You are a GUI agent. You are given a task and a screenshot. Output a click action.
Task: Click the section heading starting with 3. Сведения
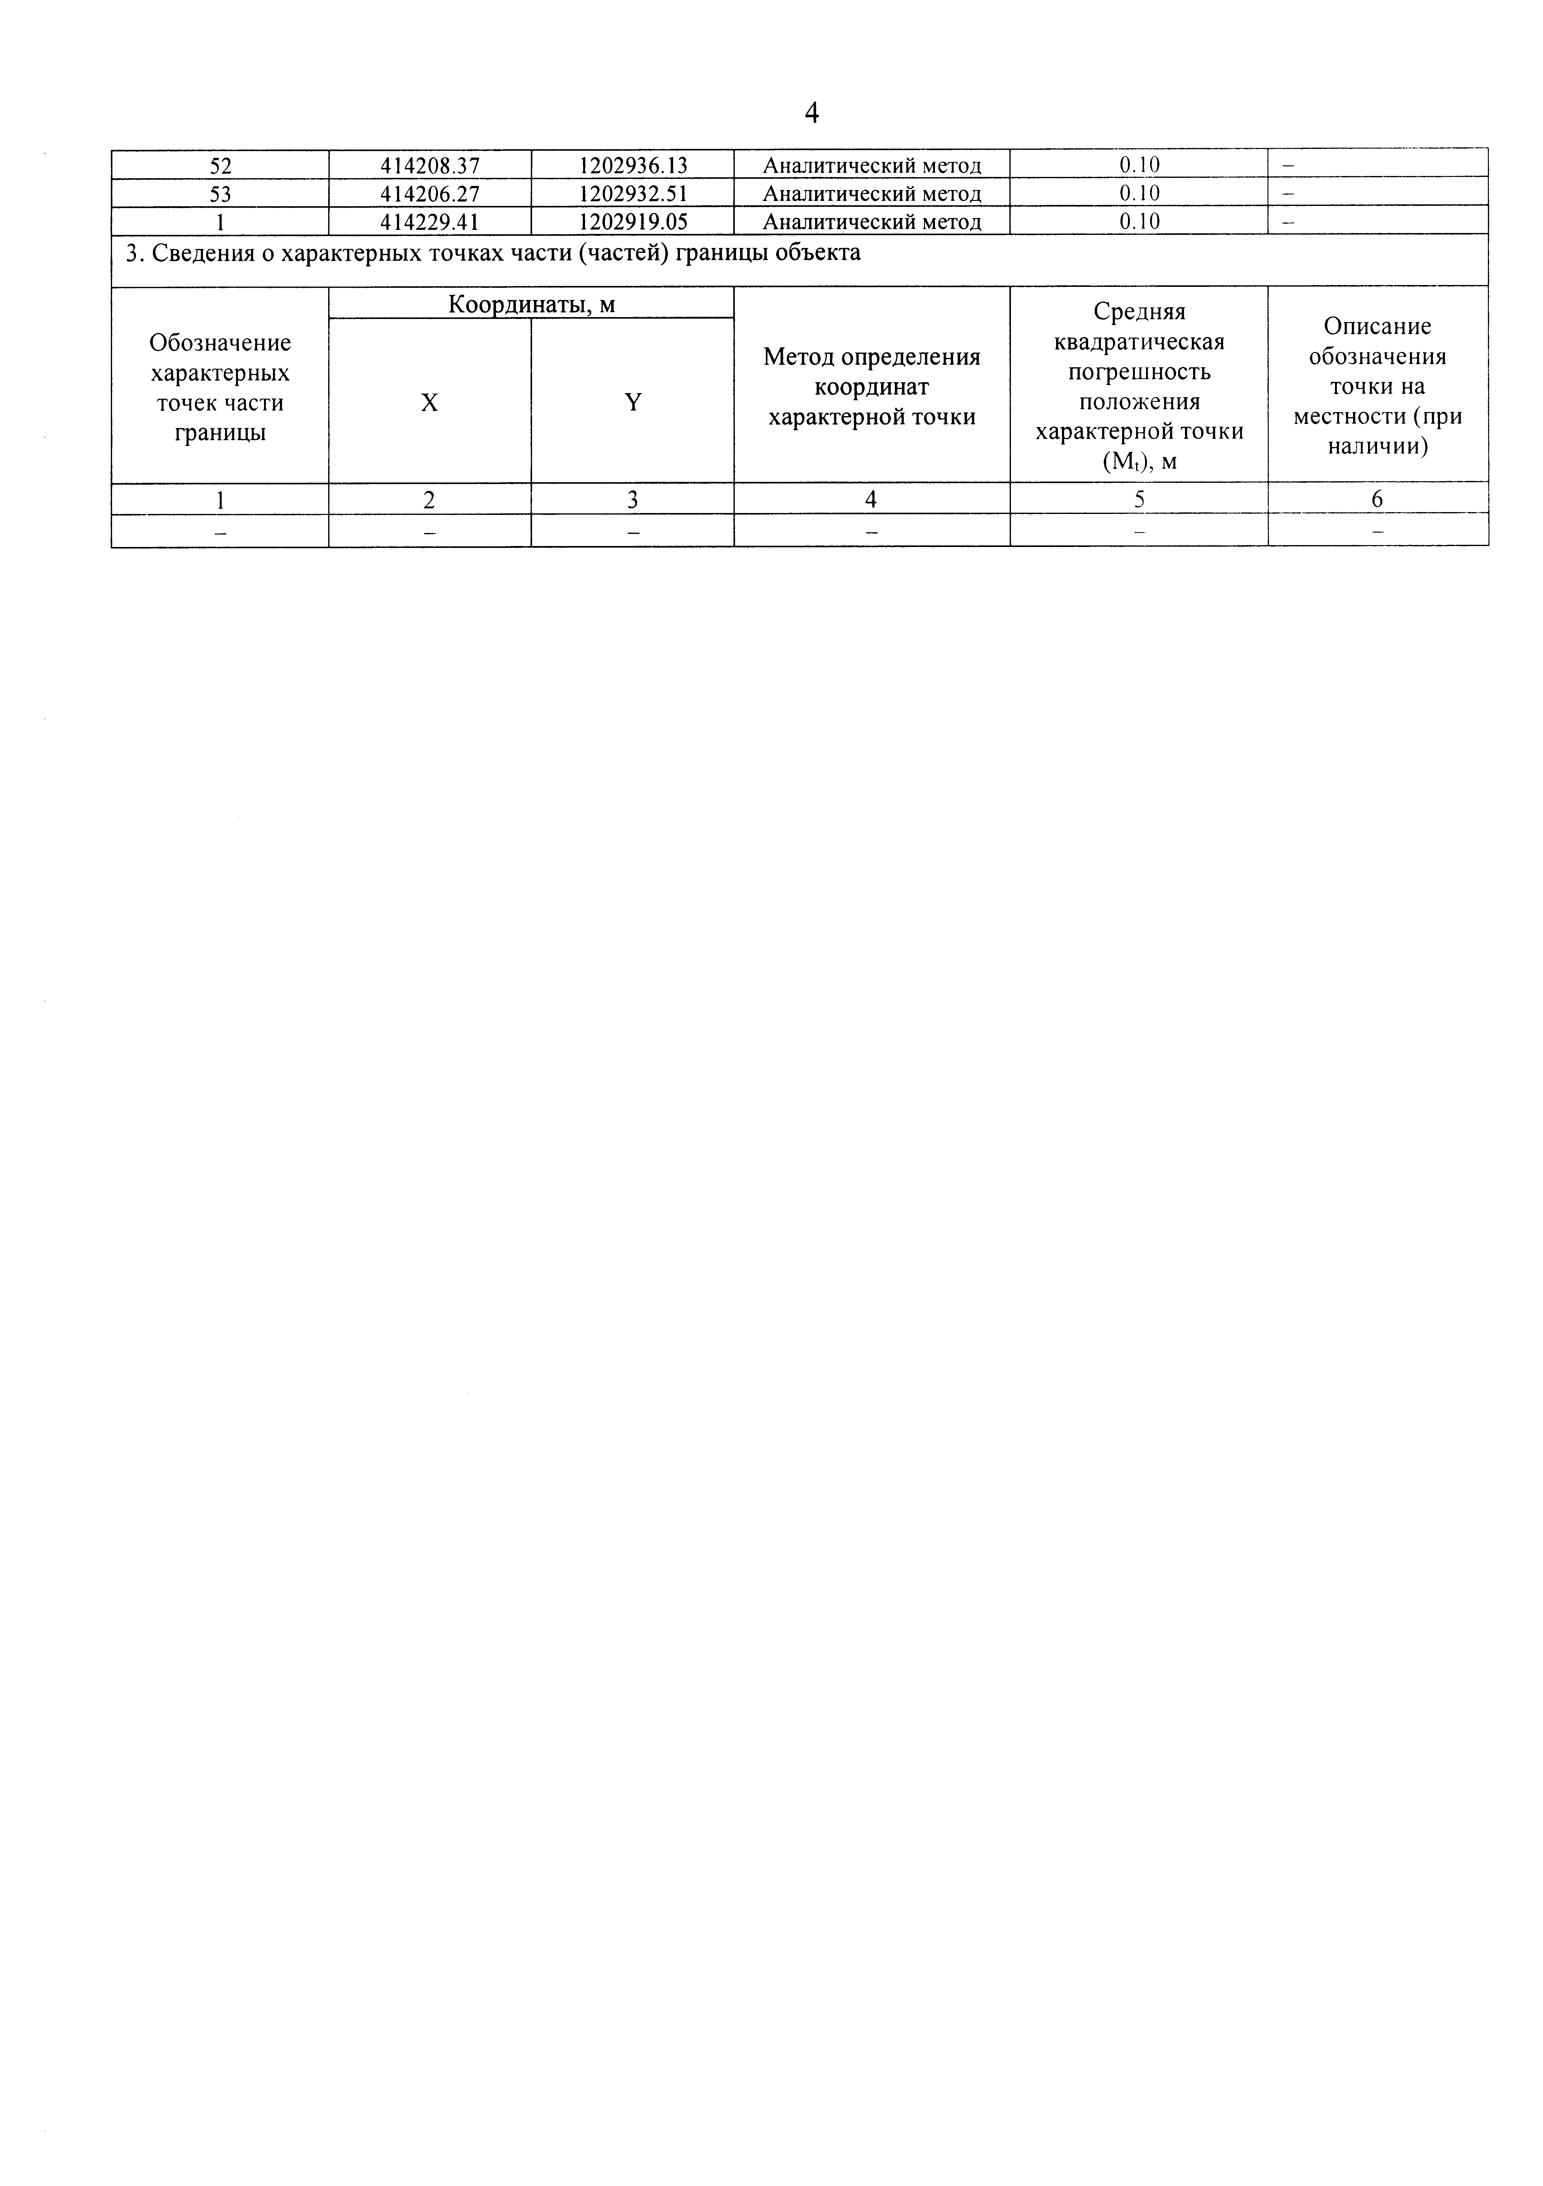[x=493, y=253]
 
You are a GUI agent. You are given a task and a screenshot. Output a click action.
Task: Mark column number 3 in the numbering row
[x=633, y=500]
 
